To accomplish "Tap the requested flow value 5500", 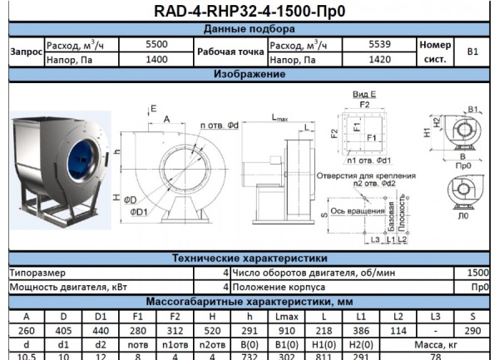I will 156,44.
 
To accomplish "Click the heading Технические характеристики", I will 249,259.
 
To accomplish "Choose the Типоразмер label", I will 32,272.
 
